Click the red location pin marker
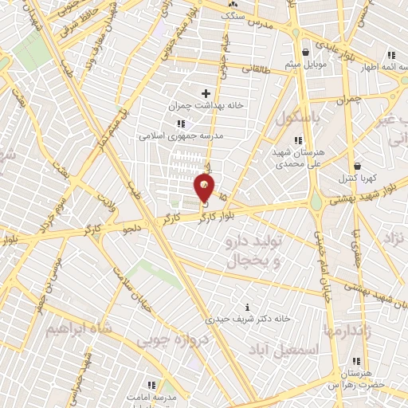coord(205,187)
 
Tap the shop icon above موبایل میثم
coord(304,47)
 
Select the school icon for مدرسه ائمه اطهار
coord(390,55)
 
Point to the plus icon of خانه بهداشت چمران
coord(206,93)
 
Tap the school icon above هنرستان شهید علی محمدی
coord(298,140)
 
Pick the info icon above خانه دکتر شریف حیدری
coord(249,307)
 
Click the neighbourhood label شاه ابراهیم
coord(77,328)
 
